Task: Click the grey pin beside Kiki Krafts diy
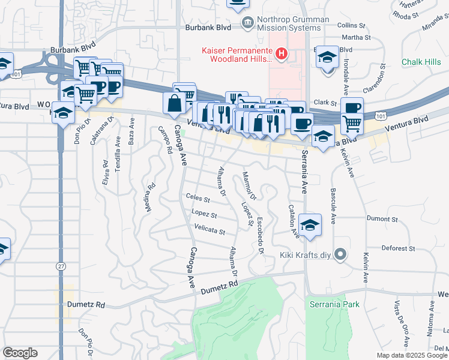(x=340, y=254)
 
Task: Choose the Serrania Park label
(x=334, y=304)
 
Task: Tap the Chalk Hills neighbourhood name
(x=421, y=62)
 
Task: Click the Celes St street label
(x=198, y=198)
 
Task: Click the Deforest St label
(x=399, y=248)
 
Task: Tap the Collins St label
(x=351, y=26)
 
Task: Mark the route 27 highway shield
(x=60, y=265)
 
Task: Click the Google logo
(x=20, y=353)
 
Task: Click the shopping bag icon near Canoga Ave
(x=173, y=102)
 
